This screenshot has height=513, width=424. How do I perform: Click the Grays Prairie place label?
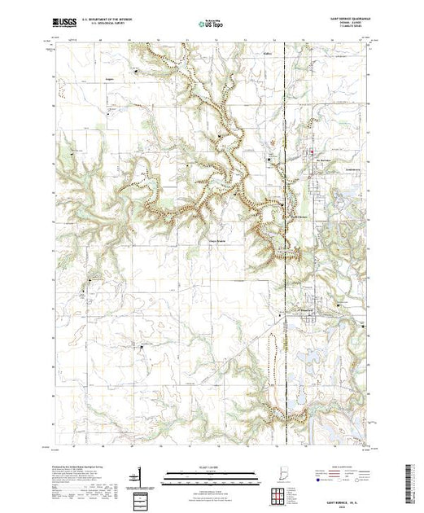point(214,241)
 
